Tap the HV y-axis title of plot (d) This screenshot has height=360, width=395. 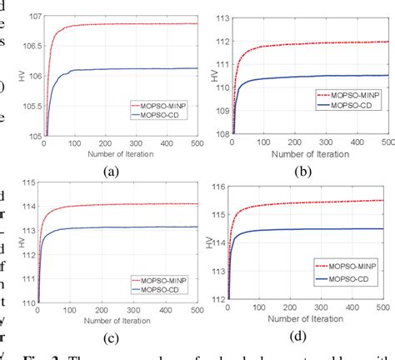(x=211, y=242)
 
